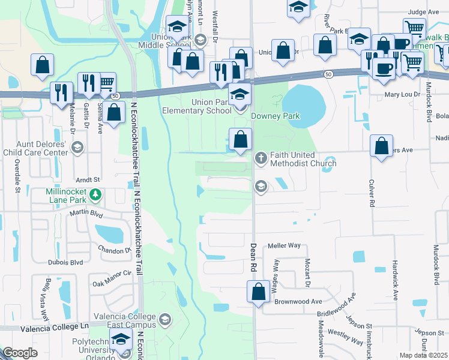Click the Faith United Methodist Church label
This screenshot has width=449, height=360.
[303, 159]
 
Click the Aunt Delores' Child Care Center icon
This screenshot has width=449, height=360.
[77, 148]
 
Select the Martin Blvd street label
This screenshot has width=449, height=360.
[85, 212]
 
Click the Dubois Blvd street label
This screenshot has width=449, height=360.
[68, 262]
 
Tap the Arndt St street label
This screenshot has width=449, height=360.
[87, 179]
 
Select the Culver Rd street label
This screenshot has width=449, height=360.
[372, 194]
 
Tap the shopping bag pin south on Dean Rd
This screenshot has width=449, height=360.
[258, 293]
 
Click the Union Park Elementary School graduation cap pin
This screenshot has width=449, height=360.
[240, 95]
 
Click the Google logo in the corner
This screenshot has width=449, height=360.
[20, 353]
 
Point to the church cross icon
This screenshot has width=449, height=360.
[261, 158]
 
